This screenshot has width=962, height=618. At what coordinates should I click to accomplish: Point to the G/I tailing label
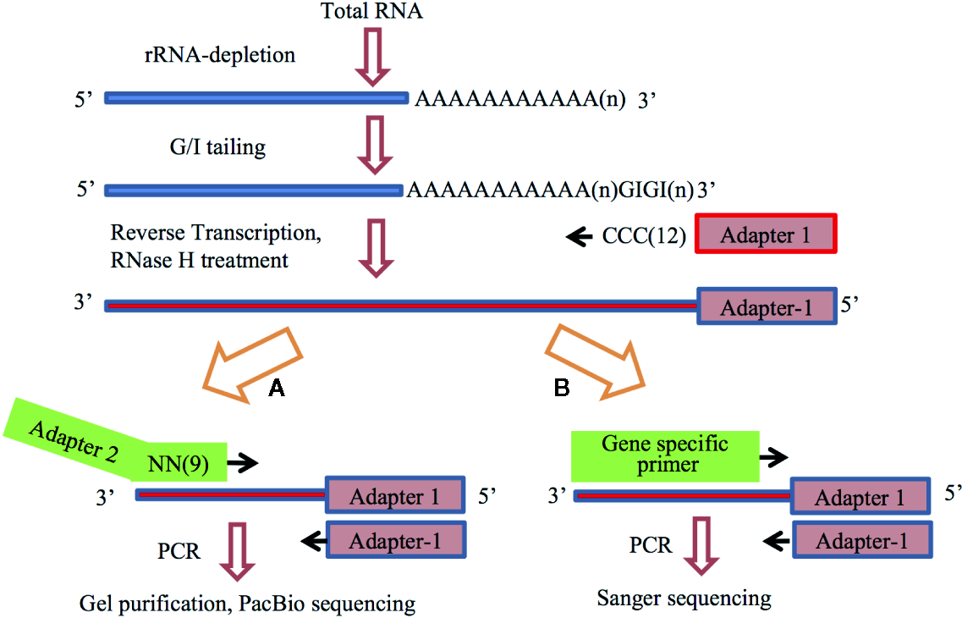click(x=217, y=147)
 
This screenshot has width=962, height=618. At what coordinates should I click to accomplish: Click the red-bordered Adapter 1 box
click(x=766, y=235)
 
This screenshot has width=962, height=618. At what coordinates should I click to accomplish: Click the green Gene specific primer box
click(x=664, y=454)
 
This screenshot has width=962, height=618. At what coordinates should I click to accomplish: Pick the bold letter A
click(x=275, y=389)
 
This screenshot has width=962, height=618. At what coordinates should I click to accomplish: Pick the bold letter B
click(x=561, y=389)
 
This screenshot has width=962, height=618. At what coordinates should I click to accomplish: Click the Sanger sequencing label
click(x=684, y=599)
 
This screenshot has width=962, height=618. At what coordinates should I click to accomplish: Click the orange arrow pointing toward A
click(x=251, y=366)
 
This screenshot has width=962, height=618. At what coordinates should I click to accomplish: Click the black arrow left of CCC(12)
click(x=580, y=238)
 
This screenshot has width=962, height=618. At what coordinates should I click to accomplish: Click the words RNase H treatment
click(x=200, y=260)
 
